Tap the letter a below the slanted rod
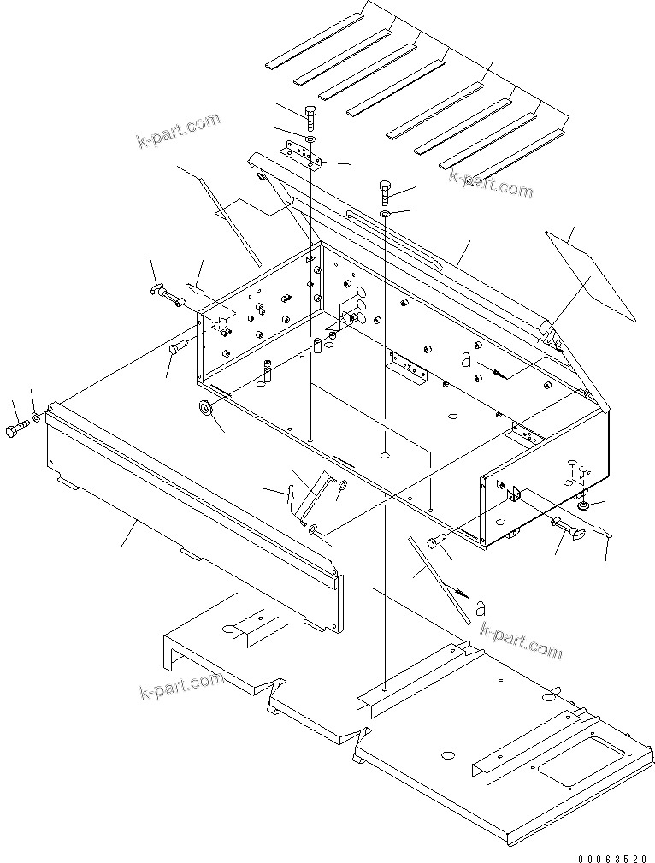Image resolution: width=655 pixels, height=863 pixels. (x=481, y=608)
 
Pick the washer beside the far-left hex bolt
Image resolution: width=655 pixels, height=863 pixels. (x=37, y=418)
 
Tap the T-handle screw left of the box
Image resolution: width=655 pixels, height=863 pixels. (x=164, y=294)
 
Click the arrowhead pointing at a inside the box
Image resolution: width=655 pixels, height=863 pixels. (x=504, y=373)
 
